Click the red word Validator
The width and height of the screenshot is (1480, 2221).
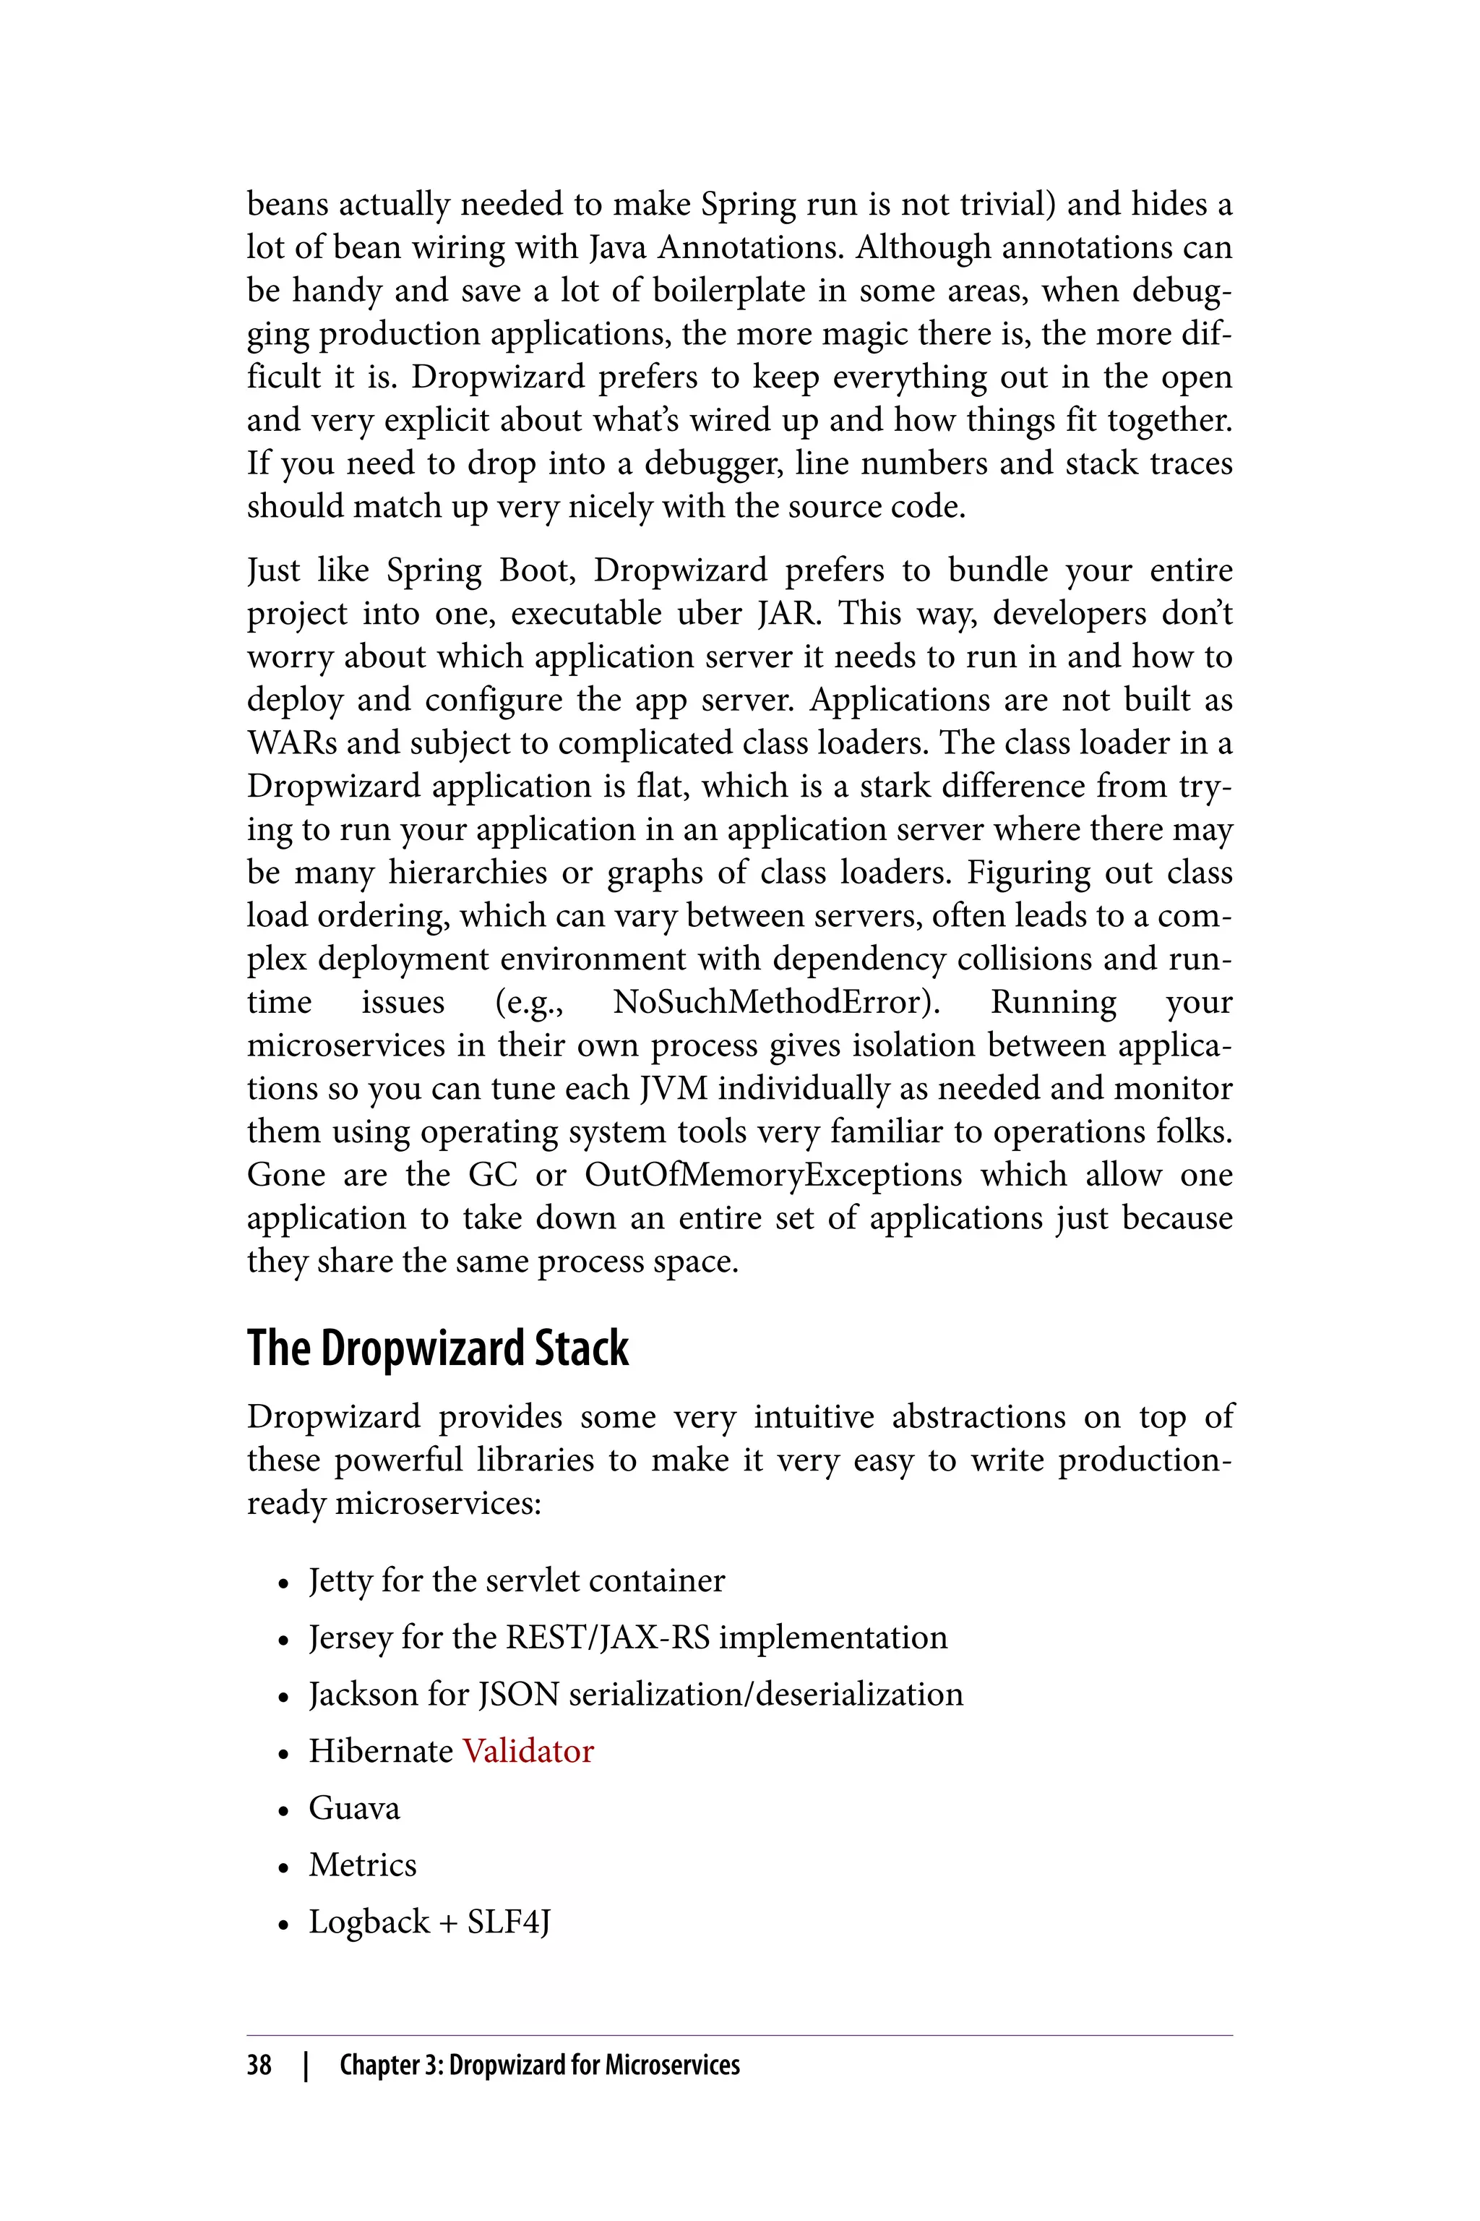point(528,1752)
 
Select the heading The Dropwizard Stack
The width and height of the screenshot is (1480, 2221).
point(437,1348)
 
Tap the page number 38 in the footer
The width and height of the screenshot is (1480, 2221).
point(259,2065)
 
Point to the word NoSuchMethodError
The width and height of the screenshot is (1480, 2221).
point(777,1002)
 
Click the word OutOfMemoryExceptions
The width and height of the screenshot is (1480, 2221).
point(773,1175)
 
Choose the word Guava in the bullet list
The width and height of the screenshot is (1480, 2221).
point(354,1808)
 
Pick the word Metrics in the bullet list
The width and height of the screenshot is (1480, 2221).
point(363,1865)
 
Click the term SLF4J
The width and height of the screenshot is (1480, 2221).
point(509,1922)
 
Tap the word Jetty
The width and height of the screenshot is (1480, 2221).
point(341,1580)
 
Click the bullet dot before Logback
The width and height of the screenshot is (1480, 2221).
point(283,1925)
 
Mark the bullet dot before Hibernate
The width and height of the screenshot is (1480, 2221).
point(283,1753)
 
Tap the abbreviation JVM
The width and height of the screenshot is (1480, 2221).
point(673,1089)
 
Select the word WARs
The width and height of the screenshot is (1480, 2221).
point(292,743)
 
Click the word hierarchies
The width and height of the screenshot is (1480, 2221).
point(468,873)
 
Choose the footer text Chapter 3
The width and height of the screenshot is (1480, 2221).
point(391,2065)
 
